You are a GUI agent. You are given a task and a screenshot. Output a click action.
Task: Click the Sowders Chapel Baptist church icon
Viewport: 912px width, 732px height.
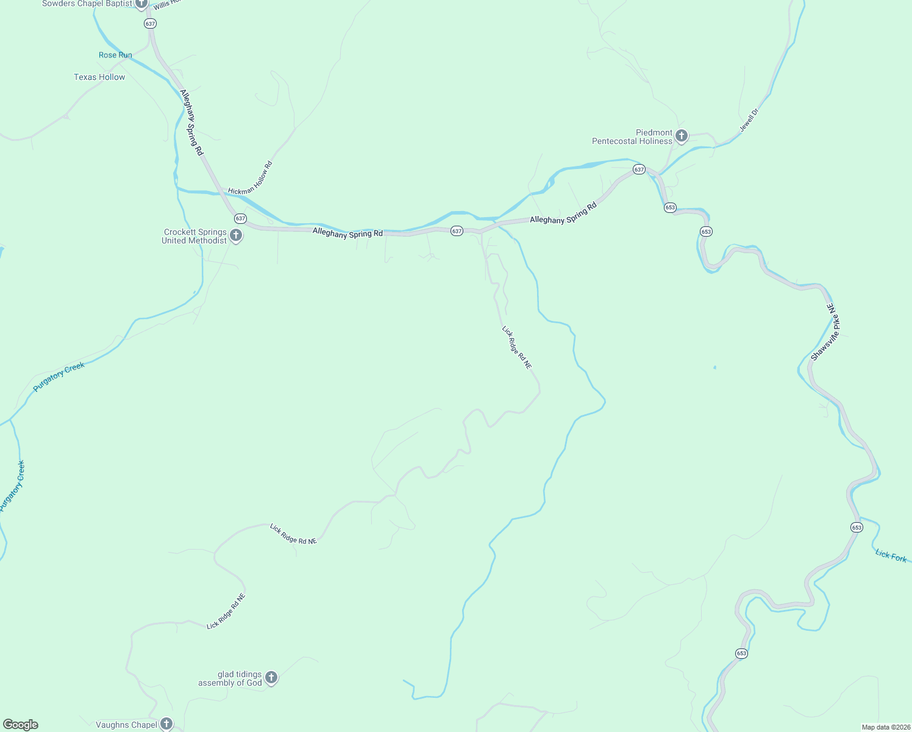coord(141,4)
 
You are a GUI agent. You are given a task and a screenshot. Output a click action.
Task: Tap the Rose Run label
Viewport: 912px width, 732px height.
coord(115,55)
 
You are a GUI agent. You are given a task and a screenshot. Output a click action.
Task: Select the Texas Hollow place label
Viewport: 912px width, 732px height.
coord(99,77)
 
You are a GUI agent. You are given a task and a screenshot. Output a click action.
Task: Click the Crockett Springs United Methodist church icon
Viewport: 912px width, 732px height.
coord(236,235)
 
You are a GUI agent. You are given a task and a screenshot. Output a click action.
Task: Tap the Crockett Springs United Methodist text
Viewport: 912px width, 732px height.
coord(194,237)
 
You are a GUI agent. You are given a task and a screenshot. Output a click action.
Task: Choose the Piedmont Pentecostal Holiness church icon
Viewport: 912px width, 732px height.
coord(682,136)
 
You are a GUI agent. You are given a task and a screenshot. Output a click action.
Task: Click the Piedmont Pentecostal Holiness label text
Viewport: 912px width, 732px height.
coord(632,137)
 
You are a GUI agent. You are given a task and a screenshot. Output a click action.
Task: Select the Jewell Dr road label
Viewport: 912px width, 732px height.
coord(749,120)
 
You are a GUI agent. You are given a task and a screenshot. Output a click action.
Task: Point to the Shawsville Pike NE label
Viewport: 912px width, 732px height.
coord(825,332)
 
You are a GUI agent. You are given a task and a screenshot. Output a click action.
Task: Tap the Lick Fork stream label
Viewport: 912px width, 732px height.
coord(891,556)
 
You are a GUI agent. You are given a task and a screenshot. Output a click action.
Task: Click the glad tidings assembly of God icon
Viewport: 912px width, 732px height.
coord(271,678)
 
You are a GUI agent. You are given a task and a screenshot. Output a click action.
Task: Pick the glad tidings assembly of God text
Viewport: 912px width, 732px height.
coord(230,679)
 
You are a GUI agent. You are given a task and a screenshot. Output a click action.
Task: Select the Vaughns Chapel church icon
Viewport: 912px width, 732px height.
coord(166,724)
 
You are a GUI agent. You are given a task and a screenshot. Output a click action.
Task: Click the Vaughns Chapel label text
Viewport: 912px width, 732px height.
coord(127,725)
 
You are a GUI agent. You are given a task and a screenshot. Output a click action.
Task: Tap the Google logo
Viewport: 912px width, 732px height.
coord(21,725)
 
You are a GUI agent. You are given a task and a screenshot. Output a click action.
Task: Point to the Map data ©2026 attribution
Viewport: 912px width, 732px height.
coord(886,727)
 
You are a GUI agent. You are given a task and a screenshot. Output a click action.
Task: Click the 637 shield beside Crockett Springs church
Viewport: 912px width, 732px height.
coord(240,218)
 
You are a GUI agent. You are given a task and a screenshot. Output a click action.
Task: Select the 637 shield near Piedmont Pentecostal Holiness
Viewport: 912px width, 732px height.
coord(639,170)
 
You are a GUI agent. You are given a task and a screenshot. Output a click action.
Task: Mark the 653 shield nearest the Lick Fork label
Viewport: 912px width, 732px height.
coord(857,527)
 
